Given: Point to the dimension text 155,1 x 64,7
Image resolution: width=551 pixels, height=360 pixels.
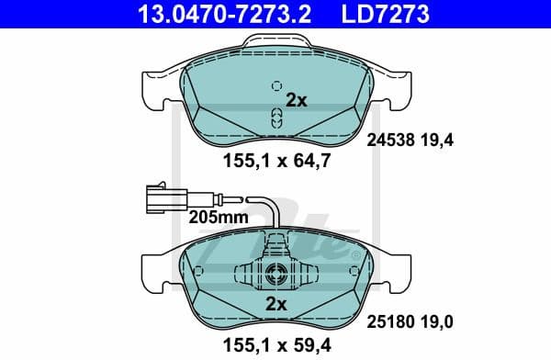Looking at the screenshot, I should tap(273, 161).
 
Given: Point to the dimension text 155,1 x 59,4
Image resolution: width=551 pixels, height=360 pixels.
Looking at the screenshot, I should tap(273, 346).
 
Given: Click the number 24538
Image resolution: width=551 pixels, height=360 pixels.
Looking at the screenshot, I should tap(389, 141).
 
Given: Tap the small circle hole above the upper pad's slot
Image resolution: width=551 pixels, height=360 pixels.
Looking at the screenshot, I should tap(275, 86).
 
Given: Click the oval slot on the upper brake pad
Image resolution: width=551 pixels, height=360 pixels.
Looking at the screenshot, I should tap(275, 116).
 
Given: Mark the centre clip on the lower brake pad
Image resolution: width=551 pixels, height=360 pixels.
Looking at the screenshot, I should tap(275, 273).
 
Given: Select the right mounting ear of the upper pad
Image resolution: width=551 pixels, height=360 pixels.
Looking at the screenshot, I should tap(393, 88).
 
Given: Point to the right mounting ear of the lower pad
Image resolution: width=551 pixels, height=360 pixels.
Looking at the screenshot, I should tap(393, 269).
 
